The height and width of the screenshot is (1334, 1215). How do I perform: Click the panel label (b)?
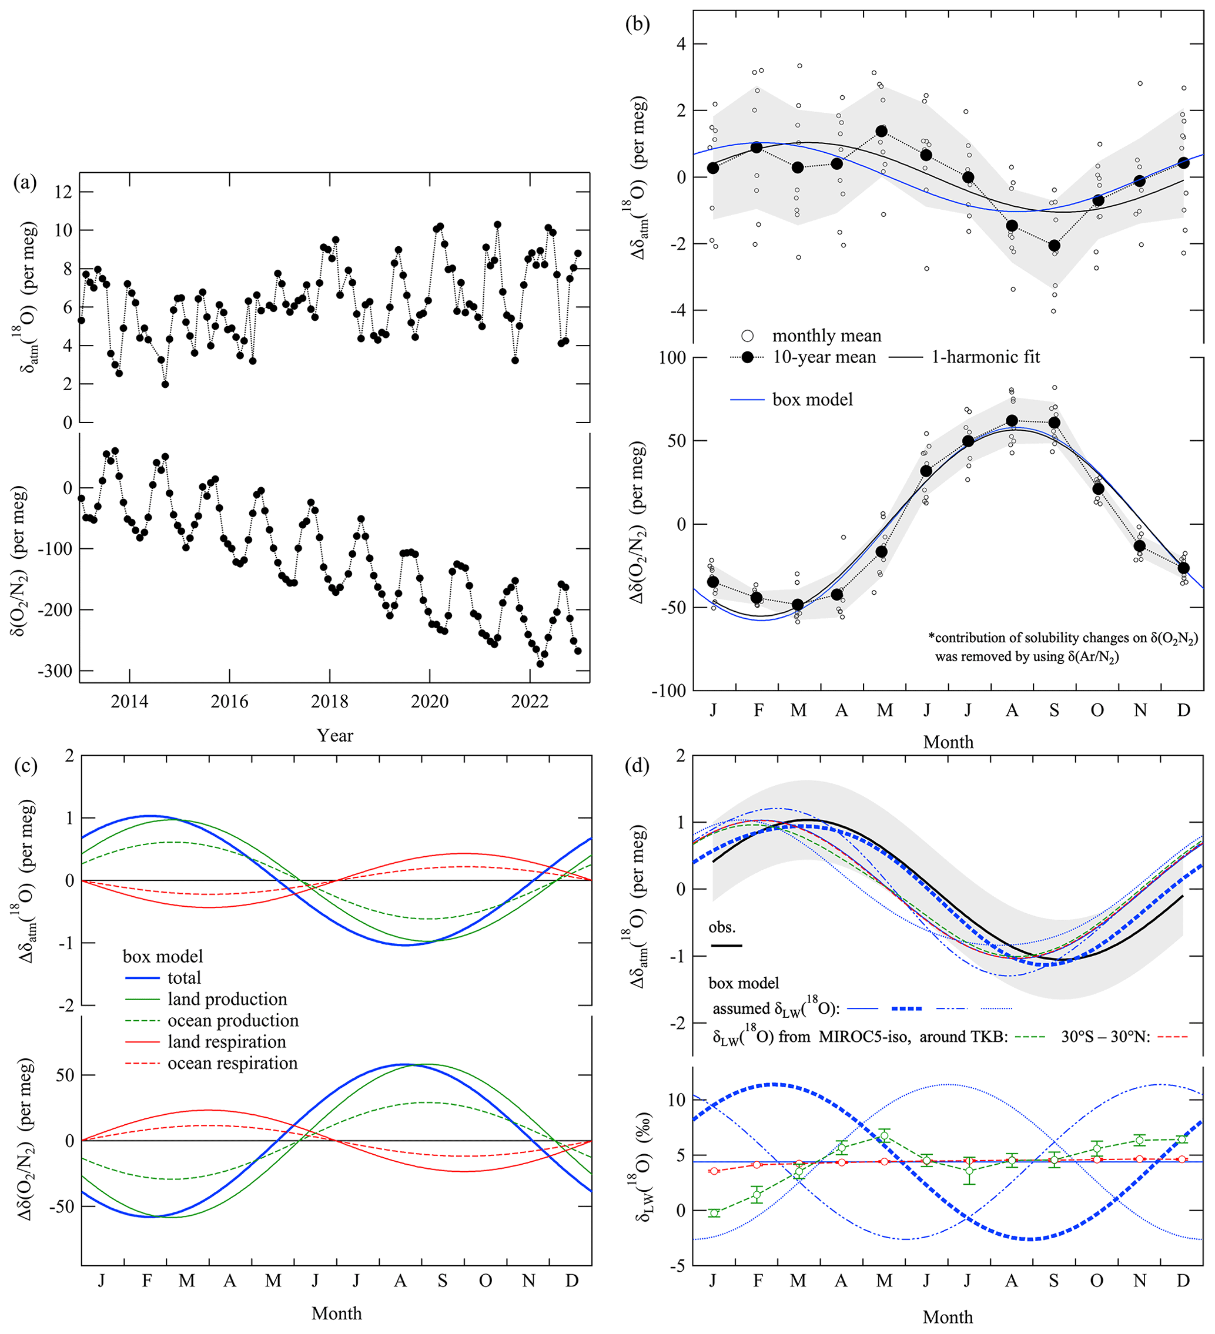(637, 24)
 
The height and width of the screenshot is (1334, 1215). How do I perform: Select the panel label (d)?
(637, 766)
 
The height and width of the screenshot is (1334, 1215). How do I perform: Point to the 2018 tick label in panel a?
(330, 702)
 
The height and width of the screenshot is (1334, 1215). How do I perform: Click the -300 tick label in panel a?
(54, 671)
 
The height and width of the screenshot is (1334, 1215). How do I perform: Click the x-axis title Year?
(335, 735)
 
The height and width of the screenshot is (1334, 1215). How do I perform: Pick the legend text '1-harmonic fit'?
(985, 357)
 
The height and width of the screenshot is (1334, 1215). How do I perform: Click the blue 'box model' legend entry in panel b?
(813, 400)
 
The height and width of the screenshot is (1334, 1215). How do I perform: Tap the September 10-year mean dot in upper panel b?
(1054, 246)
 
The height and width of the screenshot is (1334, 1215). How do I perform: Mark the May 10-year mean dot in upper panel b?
(882, 132)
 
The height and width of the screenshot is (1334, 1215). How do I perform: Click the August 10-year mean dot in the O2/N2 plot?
(1012, 421)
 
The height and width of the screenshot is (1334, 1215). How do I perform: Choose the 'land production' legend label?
(227, 999)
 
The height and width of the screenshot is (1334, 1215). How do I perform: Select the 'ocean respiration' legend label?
(232, 1062)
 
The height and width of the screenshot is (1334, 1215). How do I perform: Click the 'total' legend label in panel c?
(184, 978)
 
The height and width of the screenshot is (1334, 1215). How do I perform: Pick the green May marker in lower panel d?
(885, 1137)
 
